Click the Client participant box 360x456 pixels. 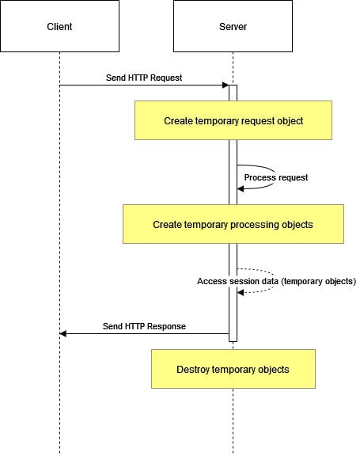point(59,26)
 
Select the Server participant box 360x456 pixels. point(233,26)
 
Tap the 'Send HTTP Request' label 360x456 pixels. point(144,78)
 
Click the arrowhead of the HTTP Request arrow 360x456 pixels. point(225,85)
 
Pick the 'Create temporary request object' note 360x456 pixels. point(233,120)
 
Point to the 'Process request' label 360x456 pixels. point(276,177)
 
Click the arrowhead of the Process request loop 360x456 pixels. point(241,189)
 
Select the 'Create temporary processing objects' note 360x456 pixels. point(233,224)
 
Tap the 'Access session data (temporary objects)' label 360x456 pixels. point(276,281)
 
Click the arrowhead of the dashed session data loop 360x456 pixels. point(241,293)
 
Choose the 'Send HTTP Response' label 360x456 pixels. point(144,326)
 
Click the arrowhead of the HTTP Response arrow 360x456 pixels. point(63,333)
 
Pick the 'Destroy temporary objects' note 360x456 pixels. point(233,369)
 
